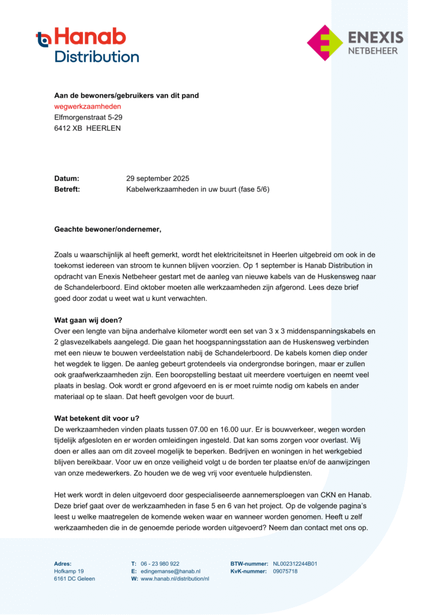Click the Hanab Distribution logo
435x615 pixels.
click(88, 45)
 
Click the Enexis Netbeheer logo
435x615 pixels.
click(354, 43)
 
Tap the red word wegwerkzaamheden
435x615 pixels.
click(87, 106)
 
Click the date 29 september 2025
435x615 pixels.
click(157, 178)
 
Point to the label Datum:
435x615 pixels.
click(67, 178)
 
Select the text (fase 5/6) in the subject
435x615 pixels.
click(254, 189)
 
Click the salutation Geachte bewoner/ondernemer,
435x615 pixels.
click(108, 229)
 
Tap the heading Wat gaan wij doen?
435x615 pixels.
click(92, 320)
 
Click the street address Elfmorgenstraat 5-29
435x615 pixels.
click(88, 117)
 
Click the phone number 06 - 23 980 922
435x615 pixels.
click(160, 564)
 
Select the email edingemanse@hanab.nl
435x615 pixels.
click(171, 571)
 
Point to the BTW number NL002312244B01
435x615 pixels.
click(295, 564)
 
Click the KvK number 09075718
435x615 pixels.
click(285, 571)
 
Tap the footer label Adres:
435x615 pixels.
click(62, 564)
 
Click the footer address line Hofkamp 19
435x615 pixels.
click(68, 571)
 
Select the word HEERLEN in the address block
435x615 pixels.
click(103, 128)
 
